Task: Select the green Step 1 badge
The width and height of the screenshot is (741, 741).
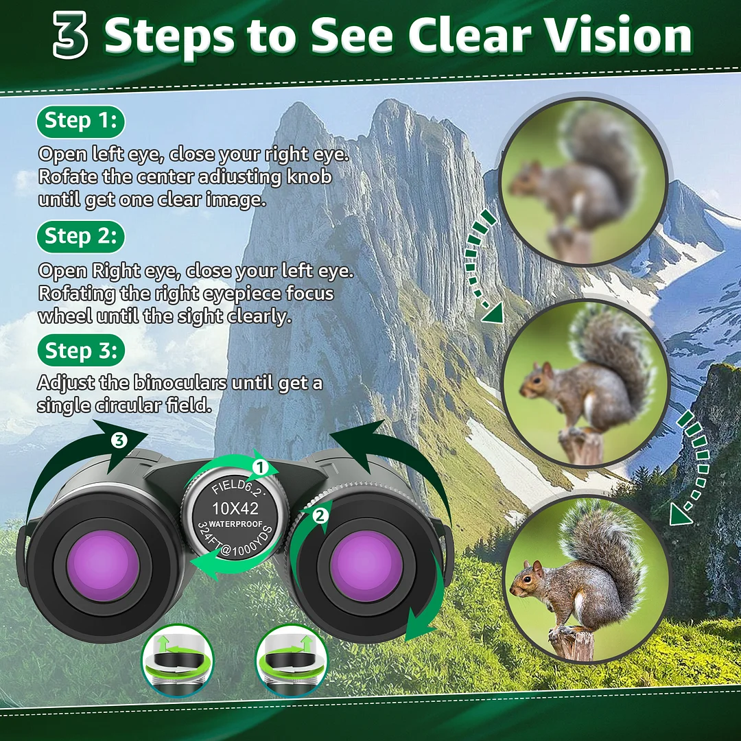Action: (x=80, y=121)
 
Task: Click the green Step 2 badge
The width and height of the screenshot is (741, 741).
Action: (x=80, y=236)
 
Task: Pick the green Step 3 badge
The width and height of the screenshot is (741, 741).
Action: (x=80, y=351)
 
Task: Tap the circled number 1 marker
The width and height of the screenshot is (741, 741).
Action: (x=259, y=467)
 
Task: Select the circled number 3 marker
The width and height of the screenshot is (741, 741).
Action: (x=119, y=440)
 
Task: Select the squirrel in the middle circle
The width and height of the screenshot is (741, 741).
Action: (x=583, y=384)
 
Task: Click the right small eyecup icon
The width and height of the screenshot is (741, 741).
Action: (x=291, y=659)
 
